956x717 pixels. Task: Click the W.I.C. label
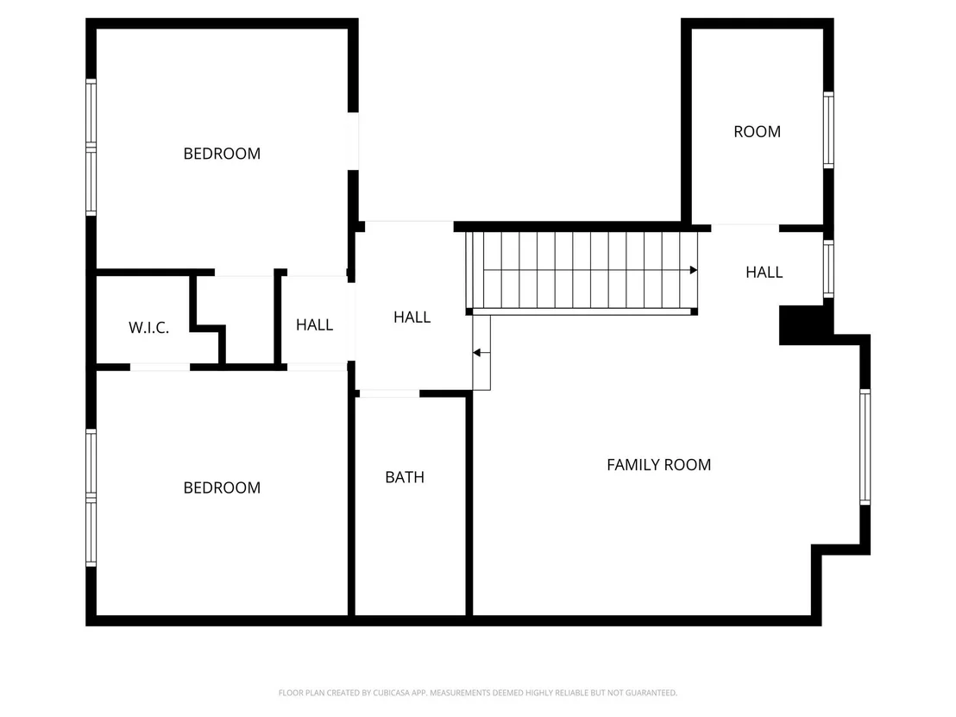point(148,328)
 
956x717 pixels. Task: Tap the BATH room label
point(405,477)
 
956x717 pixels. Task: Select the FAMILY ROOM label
point(659,465)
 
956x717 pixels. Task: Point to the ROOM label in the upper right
point(758,132)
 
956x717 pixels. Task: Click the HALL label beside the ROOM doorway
point(764,273)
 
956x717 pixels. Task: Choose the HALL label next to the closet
point(315,325)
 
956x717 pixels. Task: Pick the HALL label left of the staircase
point(412,317)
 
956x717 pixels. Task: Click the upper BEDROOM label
point(222,154)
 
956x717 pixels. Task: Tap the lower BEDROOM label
point(222,487)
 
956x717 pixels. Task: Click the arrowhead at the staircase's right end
point(693,270)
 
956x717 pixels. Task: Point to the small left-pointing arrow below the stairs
point(481,353)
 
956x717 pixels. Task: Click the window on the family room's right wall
point(865,447)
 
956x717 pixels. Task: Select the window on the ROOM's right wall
point(828,130)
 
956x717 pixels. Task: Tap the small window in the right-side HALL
point(828,269)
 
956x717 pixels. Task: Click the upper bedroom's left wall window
point(91,148)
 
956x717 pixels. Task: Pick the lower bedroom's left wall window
point(91,498)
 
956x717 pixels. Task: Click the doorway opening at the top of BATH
point(389,393)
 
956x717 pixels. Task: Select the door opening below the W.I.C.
point(160,367)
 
